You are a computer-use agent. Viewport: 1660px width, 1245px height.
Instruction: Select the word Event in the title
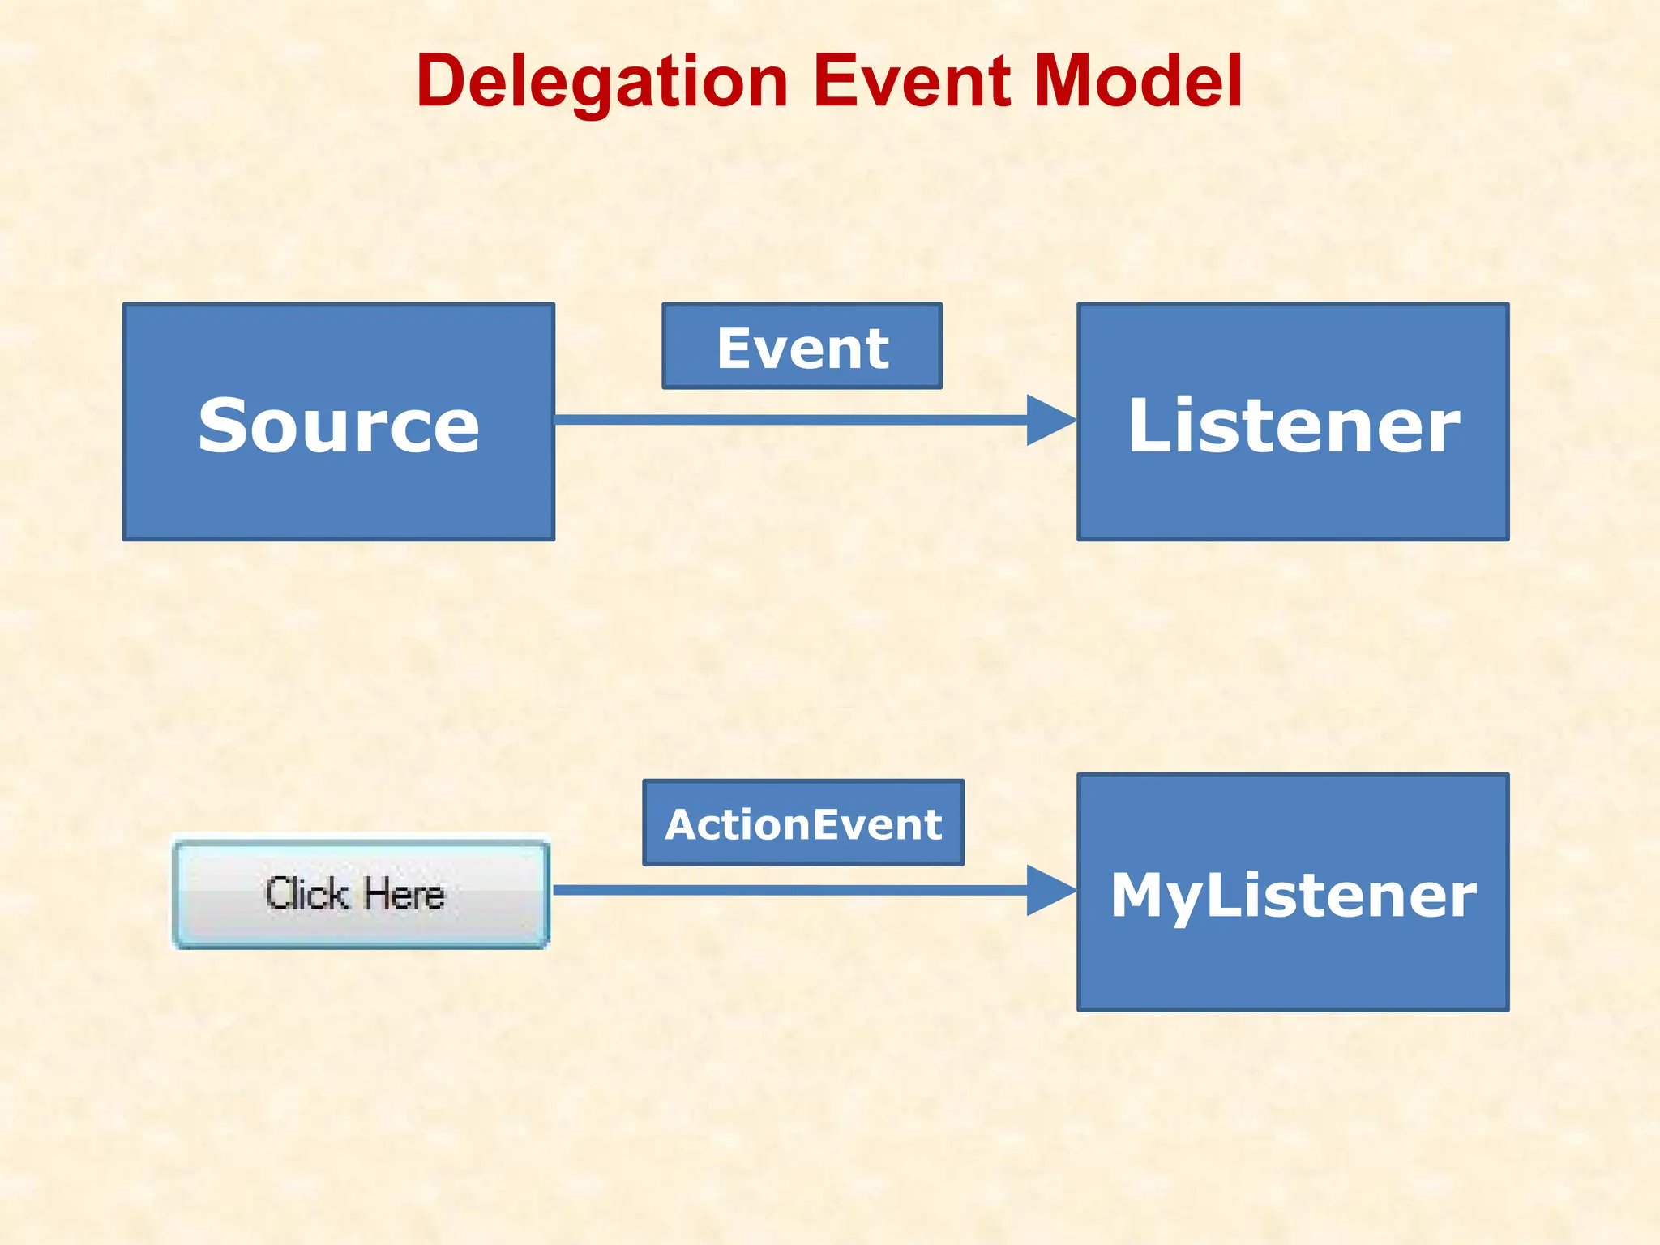912,81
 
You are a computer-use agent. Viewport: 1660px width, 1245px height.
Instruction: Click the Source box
339,503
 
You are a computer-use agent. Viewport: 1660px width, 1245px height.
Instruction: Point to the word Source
339,426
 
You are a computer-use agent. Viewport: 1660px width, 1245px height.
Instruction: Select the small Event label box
802,347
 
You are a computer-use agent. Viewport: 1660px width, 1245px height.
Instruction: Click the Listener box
1293,503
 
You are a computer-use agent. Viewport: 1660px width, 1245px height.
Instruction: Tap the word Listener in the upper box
1293,426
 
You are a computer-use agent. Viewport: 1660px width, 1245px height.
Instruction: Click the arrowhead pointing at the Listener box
1050,420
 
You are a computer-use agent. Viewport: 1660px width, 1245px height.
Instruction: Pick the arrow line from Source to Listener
790,420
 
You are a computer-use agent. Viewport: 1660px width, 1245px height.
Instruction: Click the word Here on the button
404,894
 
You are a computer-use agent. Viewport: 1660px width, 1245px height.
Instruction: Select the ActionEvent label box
803,824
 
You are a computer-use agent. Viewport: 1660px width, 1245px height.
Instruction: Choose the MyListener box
1293,973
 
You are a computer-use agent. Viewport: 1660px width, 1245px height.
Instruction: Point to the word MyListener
1293,895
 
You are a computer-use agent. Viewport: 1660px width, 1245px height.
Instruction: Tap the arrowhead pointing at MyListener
1050,890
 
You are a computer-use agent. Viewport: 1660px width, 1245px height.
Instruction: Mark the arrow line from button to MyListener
790,890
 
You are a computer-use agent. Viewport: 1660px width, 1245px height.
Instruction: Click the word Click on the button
306,894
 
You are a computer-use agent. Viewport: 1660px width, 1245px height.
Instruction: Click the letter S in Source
222,426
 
